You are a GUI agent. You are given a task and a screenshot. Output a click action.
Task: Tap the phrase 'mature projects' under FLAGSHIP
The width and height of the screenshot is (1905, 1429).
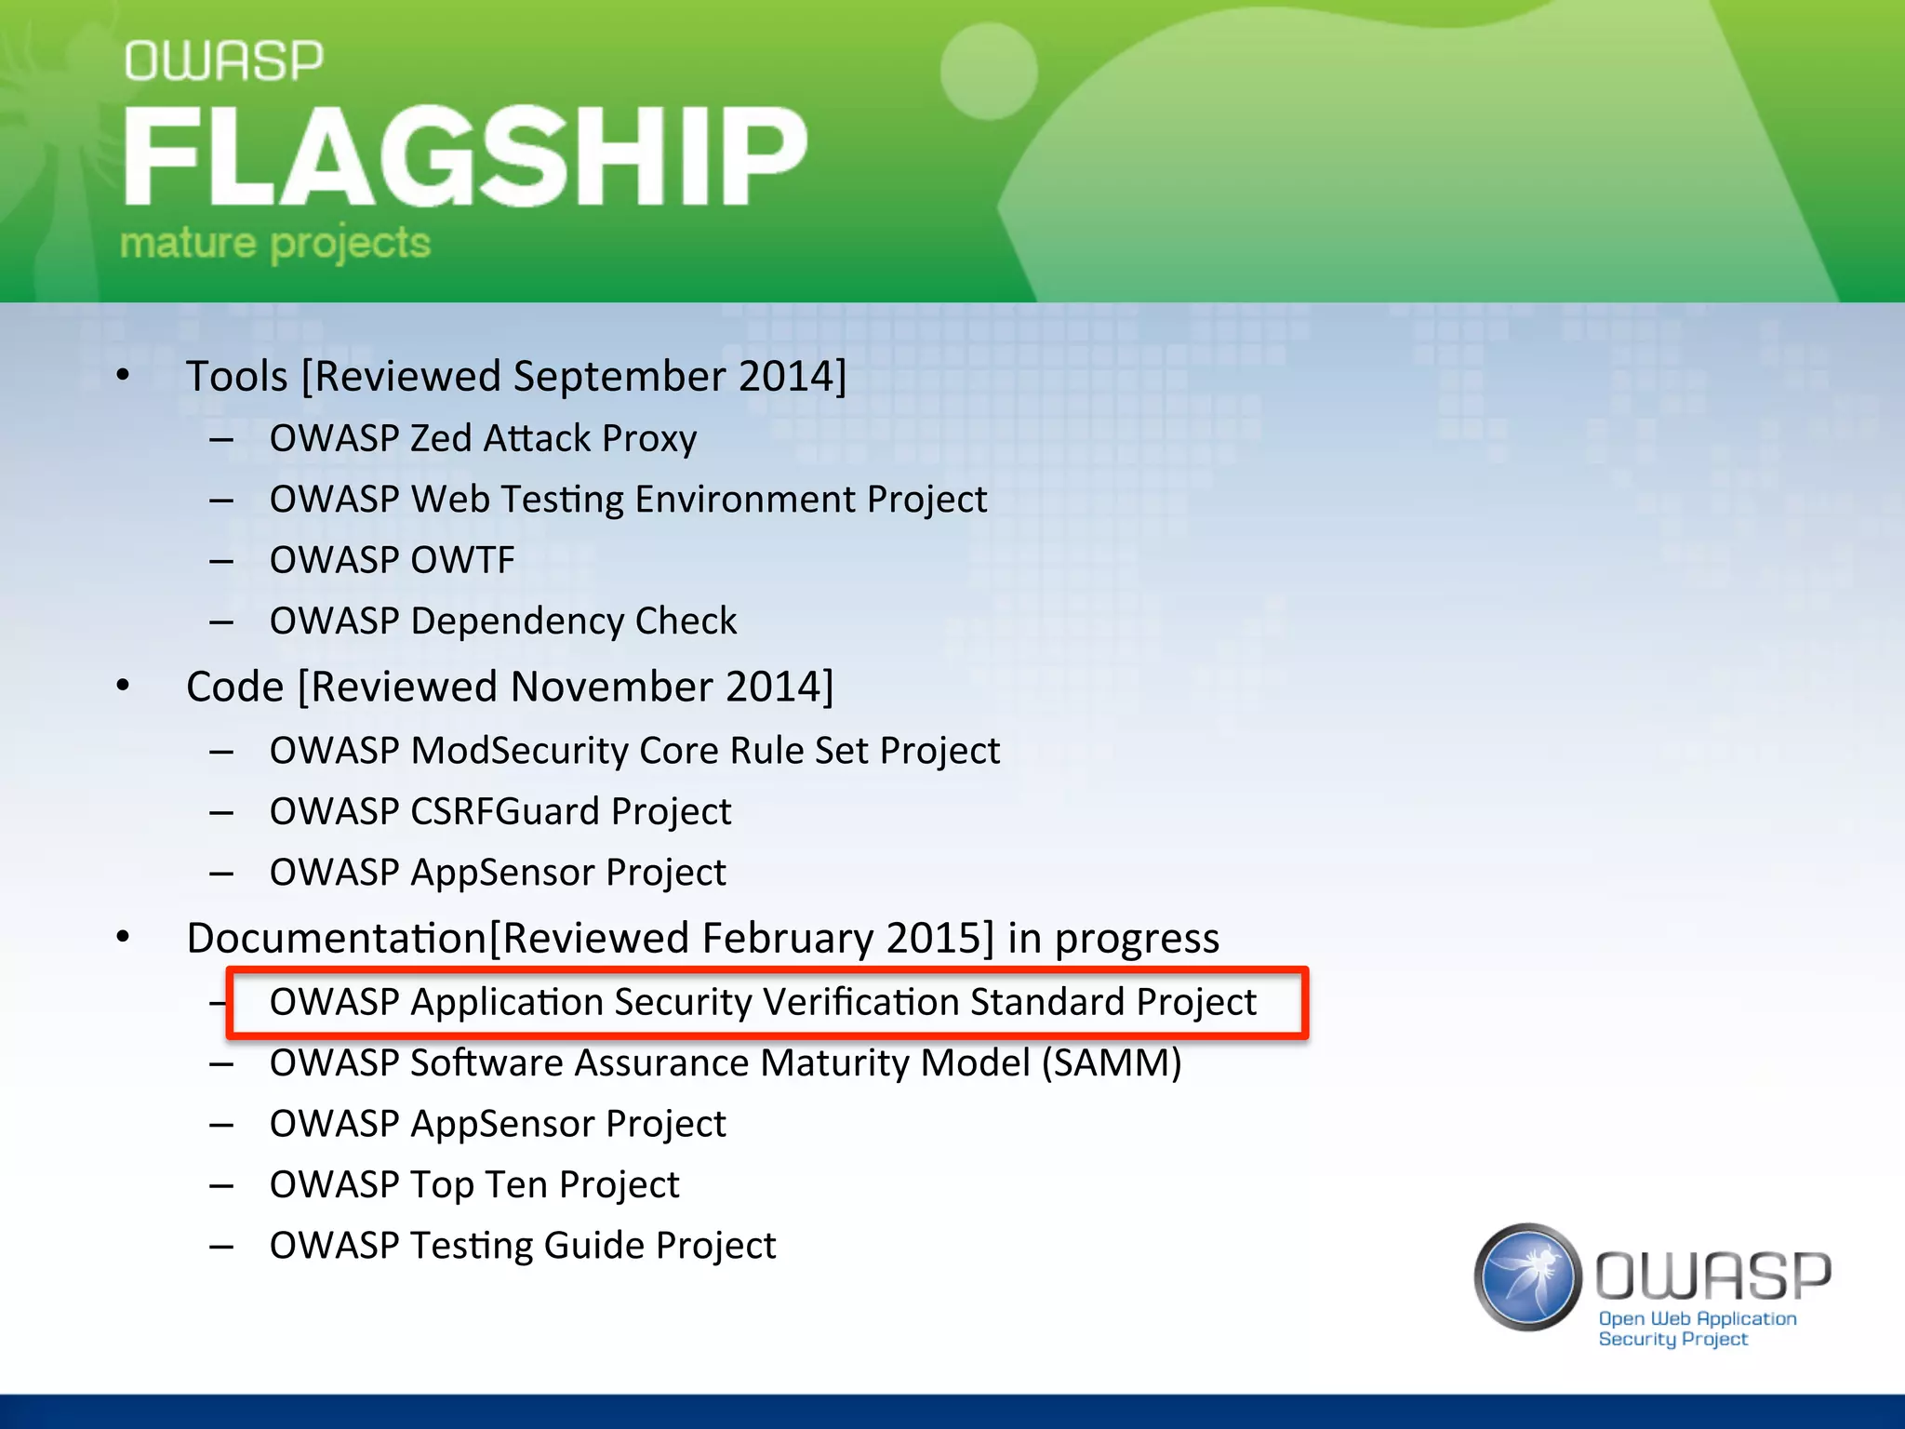tap(275, 243)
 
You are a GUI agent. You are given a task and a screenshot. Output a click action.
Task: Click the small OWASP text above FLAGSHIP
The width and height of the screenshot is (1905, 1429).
tap(224, 61)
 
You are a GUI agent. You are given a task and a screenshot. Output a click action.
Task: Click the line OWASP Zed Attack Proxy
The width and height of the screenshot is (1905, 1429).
tap(483, 438)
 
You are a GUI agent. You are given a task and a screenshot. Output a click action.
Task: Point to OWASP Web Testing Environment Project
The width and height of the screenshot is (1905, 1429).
tap(628, 500)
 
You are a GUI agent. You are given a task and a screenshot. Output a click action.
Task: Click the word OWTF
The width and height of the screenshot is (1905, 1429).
tap(462, 560)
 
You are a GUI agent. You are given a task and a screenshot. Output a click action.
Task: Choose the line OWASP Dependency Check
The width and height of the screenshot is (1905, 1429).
tap(503, 621)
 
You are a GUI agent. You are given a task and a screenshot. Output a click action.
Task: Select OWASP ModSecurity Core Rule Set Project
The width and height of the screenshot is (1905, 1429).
tap(634, 751)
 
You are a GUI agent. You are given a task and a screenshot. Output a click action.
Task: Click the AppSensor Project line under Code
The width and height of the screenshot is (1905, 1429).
tap(498, 873)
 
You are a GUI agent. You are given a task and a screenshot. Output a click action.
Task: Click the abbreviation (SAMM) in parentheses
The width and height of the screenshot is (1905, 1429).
tap(1111, 1063)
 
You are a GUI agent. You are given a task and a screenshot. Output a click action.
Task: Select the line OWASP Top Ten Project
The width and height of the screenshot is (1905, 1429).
tap(474, 1185)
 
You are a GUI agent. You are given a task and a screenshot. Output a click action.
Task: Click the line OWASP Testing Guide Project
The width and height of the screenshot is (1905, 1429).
tap(523, 1246)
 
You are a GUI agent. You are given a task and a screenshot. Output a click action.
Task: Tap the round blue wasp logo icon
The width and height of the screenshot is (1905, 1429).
tap(1526, 1276)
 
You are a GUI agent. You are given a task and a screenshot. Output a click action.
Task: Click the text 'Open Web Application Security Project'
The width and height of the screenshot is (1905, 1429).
tap(1696, 1329)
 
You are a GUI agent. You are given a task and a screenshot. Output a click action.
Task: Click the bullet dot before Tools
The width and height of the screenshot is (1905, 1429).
tap(124, 375)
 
